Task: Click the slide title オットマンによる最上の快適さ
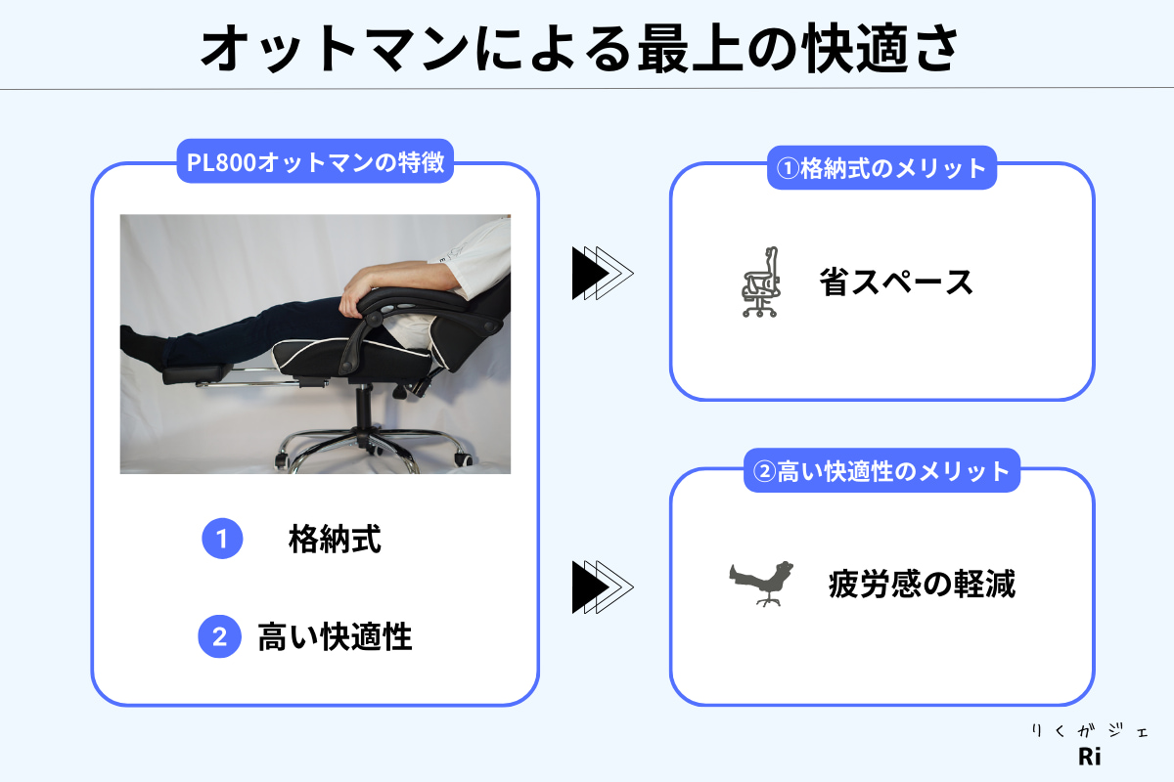(579, 48)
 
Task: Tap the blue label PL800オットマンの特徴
(315, 161)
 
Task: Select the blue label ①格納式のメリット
(881, 167)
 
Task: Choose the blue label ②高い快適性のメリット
(881, 470)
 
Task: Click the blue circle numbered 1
(222, 539)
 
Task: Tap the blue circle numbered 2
(219, 636)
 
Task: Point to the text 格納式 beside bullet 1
(335, 539)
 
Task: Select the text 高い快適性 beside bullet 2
(335, 637)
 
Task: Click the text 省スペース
(896, 282)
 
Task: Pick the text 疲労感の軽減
(922, 584)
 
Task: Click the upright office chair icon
(760, 282)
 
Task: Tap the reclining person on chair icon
(761, 584)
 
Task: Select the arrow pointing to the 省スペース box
(603, 273)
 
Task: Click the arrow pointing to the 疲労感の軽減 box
(603, 587)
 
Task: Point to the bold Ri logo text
(1089, 757)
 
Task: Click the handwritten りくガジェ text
(1089, 730)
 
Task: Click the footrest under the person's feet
(198, 373)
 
